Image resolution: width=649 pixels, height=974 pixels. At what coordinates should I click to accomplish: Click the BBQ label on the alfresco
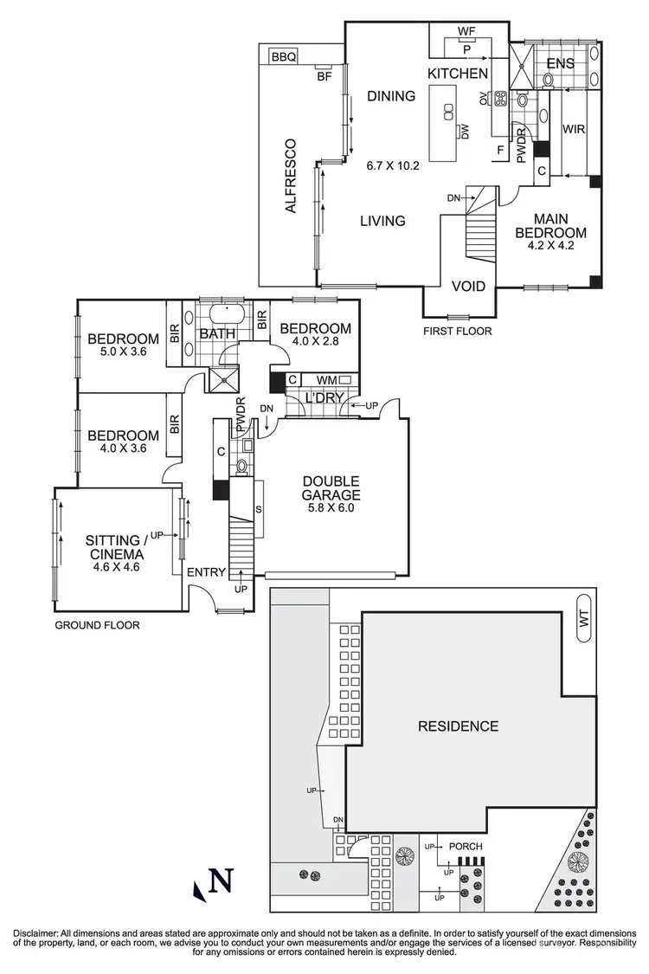point(284,57)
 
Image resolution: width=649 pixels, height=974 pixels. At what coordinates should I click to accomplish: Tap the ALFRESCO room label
point(292,176)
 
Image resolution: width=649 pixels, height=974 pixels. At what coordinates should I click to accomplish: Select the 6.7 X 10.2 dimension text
point(392,165)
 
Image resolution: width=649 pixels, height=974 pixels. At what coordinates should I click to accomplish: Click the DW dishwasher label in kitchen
point(465,132)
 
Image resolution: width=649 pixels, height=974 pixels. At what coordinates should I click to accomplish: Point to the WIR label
point(575,129)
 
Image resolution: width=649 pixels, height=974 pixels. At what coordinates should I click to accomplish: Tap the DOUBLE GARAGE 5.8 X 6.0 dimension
point(331,508)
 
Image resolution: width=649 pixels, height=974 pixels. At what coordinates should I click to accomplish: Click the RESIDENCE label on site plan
point(458,726)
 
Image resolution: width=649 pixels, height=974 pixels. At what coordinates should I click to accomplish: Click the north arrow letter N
point(222,882)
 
